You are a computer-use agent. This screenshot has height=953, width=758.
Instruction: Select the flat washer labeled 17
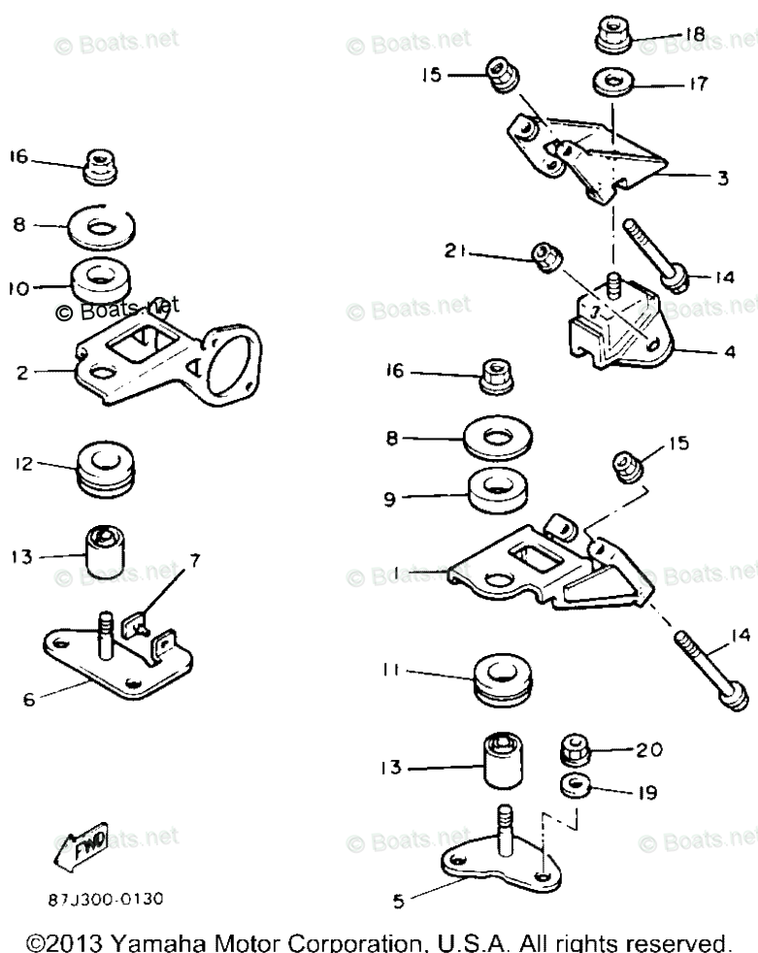(x=612, y=84)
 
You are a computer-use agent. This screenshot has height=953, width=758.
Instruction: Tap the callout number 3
(x=723, y=178)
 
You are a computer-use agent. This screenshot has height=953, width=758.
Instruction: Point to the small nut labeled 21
(x=544, y=258)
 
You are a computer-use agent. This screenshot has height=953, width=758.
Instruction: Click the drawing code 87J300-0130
(x=106, y=899)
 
